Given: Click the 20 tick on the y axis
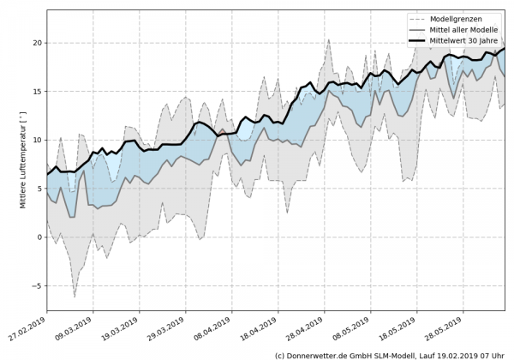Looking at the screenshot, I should click(37, 42).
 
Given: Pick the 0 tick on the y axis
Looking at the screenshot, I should click(39, 237).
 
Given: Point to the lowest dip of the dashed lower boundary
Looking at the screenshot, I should click(75, 297).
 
